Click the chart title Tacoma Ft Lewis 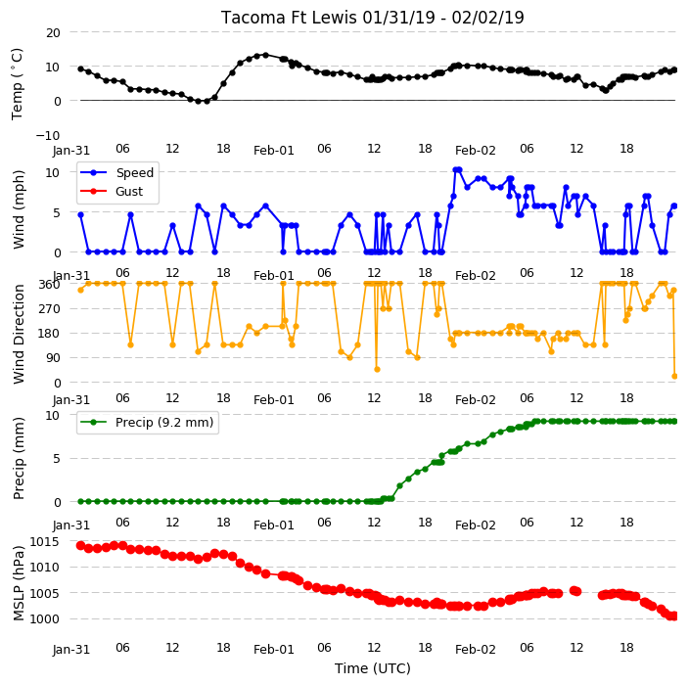coord(289,18)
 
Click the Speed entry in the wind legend coord(134,172)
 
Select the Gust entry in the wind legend coord(129,192)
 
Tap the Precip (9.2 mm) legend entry coord(164,423)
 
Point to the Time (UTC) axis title coord(373,668)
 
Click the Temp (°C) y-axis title coord(18,84)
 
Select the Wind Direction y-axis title coord(19,334)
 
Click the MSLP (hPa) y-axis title coord(19,583)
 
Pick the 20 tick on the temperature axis coord(53,33)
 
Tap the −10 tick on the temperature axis coord(48,135)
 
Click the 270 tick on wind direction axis coord(50,309)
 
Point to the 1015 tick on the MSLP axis coord(44,541)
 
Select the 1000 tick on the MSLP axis coord(44,618)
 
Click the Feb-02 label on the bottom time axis coord(475,650)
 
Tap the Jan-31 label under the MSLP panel coord(71,650)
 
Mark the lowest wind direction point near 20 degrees coord(675,377)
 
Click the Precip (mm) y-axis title coord(19,459)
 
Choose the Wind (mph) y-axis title coord(19,210)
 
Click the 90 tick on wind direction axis coord(53,358)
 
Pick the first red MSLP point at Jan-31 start coord(81,546)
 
